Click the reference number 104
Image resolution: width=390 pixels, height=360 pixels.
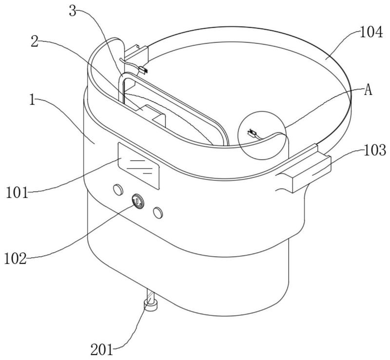click(371, 33)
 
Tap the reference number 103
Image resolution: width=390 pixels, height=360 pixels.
click(375, 151)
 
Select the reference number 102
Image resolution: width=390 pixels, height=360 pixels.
click(15, 259)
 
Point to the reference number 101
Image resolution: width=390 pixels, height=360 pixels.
click(17, 193)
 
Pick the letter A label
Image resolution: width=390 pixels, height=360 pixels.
click(368, 90)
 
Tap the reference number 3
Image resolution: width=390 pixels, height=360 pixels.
click(72, 11)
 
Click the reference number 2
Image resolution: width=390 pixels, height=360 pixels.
click(35, 41)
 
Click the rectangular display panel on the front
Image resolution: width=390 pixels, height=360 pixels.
click(138, 166)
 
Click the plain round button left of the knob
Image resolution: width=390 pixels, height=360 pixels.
click(118, 190)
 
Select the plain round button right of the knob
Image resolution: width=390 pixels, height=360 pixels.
click(158, 212)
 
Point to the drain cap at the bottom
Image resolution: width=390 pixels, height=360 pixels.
click(150, 305)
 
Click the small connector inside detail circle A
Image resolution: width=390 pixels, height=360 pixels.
click(252, 133)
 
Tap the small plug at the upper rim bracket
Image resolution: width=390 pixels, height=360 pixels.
click(143, 70)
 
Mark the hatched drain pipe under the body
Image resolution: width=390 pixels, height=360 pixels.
click(151, 296)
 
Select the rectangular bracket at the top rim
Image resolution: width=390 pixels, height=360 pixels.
click(136, 54)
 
